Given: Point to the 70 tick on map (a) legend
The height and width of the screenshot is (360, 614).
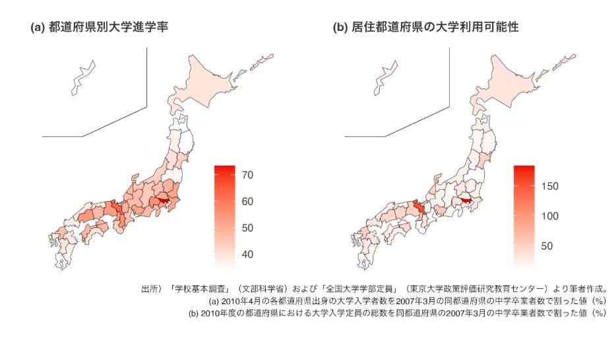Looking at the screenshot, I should (x=248, y=175).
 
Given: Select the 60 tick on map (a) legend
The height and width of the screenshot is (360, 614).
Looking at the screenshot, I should (x=248, y=201).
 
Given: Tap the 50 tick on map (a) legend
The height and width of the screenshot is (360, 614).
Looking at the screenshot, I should (x=248, y=228).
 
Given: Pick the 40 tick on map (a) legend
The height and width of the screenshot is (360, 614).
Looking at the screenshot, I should (x=248, y=255).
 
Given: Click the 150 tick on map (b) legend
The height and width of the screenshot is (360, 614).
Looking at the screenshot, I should (x=549, y=187).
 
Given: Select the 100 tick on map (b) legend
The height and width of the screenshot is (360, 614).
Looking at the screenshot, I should (x=549, y=216).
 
